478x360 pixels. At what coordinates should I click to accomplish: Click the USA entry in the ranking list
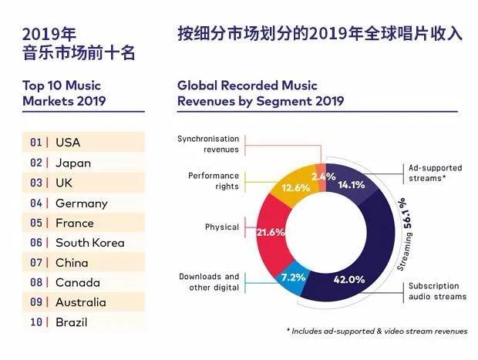pyautogui.click(x=68, y=143)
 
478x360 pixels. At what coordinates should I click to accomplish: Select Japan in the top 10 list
pyautogui.click(x=72, y=163)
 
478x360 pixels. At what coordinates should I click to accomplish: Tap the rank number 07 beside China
pyautogui.click(x=35, y=263)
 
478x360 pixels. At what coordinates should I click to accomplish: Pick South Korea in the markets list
pyautogui.click(x=89, y=242)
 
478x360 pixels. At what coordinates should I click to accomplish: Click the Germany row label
pyautogui.click(x=81, y=204)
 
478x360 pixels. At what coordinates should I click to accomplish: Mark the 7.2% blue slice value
pyautogui.click(x=294, y=274)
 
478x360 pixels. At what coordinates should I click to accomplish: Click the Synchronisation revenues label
pyautogui.click(x=208, y=144)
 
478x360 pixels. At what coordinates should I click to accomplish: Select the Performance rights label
pyautogui.click(x=213, y=181)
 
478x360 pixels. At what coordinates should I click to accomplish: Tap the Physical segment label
pyautogui.click(x=221, y=227)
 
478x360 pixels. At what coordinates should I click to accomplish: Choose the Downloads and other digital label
pyautogui.click(x=209, y=281)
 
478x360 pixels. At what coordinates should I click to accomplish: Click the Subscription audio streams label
pyautogui.click(x=437, y=291)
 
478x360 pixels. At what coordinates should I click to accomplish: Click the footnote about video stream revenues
pyautogui.click(x=377, y=331)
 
